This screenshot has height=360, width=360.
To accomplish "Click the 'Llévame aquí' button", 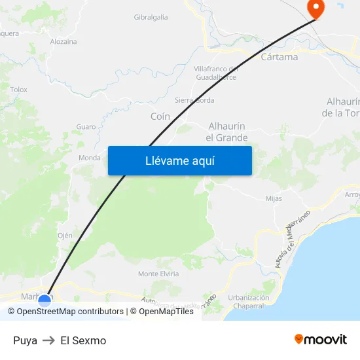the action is (179, 160).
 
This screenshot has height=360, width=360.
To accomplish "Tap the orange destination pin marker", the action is (315, 9).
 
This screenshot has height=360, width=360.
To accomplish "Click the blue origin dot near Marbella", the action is (45, 300).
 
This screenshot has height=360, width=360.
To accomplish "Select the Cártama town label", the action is (279, 57).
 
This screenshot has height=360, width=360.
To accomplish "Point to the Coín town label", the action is (160, 116).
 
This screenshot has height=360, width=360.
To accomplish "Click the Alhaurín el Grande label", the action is (226, 132).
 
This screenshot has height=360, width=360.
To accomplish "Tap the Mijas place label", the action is (274, 198).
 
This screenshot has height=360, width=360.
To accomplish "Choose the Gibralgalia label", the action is (151, 17).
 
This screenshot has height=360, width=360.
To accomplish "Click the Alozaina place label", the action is (63, 41).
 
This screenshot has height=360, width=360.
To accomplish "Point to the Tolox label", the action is (19, 89).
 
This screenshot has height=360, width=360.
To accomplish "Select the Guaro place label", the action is (86, 126).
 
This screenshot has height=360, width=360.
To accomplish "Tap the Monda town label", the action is (90, 158).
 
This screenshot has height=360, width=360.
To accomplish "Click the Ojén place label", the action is (65, 235).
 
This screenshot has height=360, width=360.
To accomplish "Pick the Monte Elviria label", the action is (158, 274).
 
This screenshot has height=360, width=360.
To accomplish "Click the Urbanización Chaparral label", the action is (249, 301).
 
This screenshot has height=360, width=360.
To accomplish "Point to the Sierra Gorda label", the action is (194, 100).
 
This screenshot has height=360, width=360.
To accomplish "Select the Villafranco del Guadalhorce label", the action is (215, 73).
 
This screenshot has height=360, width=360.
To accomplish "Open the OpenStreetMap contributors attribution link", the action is (70, 312).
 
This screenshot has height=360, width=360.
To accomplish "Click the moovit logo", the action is (321, 339).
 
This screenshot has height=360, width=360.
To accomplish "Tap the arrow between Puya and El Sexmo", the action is (49, 340).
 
